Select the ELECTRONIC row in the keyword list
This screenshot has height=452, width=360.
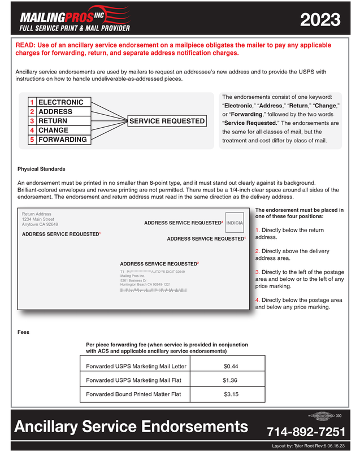pos(60,102)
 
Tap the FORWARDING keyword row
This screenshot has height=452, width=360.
pos(62,140)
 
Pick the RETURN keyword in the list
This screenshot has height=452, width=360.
pos(53,121)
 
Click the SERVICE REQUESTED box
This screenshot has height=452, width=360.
pos(167,121)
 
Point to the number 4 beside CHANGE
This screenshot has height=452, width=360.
pos(33,130)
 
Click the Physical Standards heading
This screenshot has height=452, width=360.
pos(41,169)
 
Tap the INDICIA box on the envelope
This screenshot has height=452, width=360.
pos(235,223)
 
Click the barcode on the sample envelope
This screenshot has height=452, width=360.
pos(153,290)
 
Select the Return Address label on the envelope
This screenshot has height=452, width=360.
pos(37,214)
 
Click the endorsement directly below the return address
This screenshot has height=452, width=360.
pos(60,234)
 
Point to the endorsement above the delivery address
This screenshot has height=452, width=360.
pos(159,264)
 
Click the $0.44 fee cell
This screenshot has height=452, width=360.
pos(231,366)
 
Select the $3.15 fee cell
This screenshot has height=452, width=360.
pos(231,394)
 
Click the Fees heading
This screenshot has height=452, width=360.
pos(23,332)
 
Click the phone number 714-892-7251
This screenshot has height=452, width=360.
pos(306,432)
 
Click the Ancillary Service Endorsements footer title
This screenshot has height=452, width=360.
pos(127,427)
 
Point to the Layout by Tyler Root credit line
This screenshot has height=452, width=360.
pos(315,446)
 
